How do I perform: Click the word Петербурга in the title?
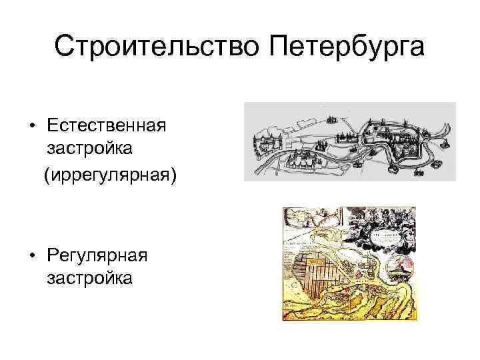[347, 47]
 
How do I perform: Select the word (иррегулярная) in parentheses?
[109, 175]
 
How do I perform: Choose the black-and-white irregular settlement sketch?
[349, 141]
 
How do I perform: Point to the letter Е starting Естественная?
[51, 125]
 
